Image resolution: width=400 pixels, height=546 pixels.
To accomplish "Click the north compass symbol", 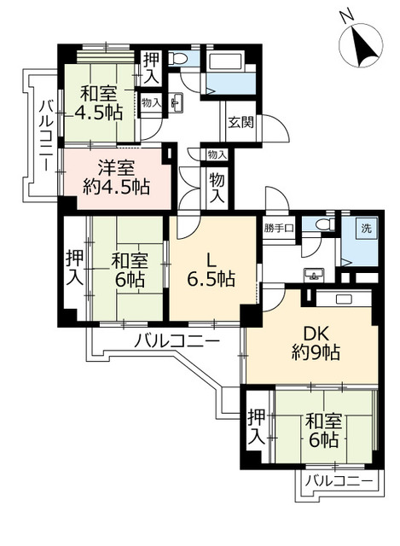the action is (360, 45).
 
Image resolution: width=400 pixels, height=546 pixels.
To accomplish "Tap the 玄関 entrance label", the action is (241, 122).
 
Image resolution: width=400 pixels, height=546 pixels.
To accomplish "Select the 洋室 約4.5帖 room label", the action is (116, 178).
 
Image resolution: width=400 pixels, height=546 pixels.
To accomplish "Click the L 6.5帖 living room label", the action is (211, 270).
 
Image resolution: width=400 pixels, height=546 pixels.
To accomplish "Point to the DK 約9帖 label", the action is (316, 344).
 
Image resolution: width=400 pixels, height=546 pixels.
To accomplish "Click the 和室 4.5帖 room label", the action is (99, 103).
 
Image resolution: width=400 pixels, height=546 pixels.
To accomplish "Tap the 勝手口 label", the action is (279, 229).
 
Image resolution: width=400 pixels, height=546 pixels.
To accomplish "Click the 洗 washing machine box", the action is (366, 229).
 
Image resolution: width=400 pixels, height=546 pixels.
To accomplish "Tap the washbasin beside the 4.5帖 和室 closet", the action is (177, 102).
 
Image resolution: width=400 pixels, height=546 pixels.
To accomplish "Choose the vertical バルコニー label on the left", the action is (46, 136).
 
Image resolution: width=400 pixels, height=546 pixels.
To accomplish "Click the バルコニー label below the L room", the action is (177, 340).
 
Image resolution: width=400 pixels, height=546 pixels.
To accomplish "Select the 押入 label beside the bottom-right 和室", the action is (257, 427).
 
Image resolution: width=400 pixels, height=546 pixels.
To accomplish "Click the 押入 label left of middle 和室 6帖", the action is (74, 267).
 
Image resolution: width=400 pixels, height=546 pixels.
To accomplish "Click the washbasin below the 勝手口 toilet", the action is (314, 275).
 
